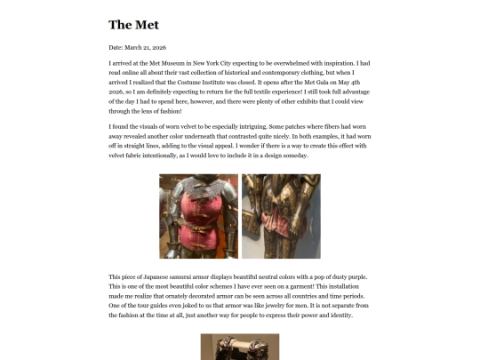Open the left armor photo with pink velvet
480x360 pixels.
tap(198, 216)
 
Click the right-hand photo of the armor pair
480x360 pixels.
tap(281, 216)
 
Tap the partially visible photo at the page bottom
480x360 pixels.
tap(240, 347)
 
